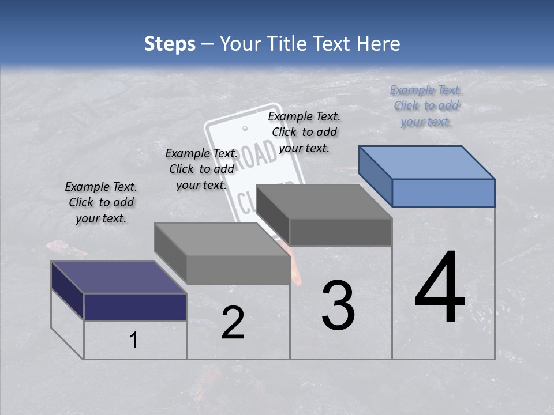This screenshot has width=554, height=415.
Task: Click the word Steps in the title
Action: [x=170, y=44]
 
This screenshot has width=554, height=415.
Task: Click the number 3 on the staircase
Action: [x=338, y=305]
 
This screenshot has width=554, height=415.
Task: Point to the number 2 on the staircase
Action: [x=233, y=323]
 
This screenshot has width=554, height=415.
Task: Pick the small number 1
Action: [x=134, y=341]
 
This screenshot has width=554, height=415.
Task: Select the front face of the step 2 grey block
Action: [x=238, y=270]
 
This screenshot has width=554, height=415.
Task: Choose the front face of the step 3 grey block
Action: [x=340, y=232]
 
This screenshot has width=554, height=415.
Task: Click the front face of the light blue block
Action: [x=443, y=193]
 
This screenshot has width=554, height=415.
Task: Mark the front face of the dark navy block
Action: [x=135, y=307]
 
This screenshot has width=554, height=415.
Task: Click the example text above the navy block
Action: [x=101, y=202]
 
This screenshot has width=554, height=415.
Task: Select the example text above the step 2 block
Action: [x=201, y=169]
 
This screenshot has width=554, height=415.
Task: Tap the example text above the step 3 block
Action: [x=304, y=132]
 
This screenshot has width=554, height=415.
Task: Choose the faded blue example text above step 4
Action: [x=426, y=105]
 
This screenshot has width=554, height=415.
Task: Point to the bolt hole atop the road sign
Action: [x=245, y=128]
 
